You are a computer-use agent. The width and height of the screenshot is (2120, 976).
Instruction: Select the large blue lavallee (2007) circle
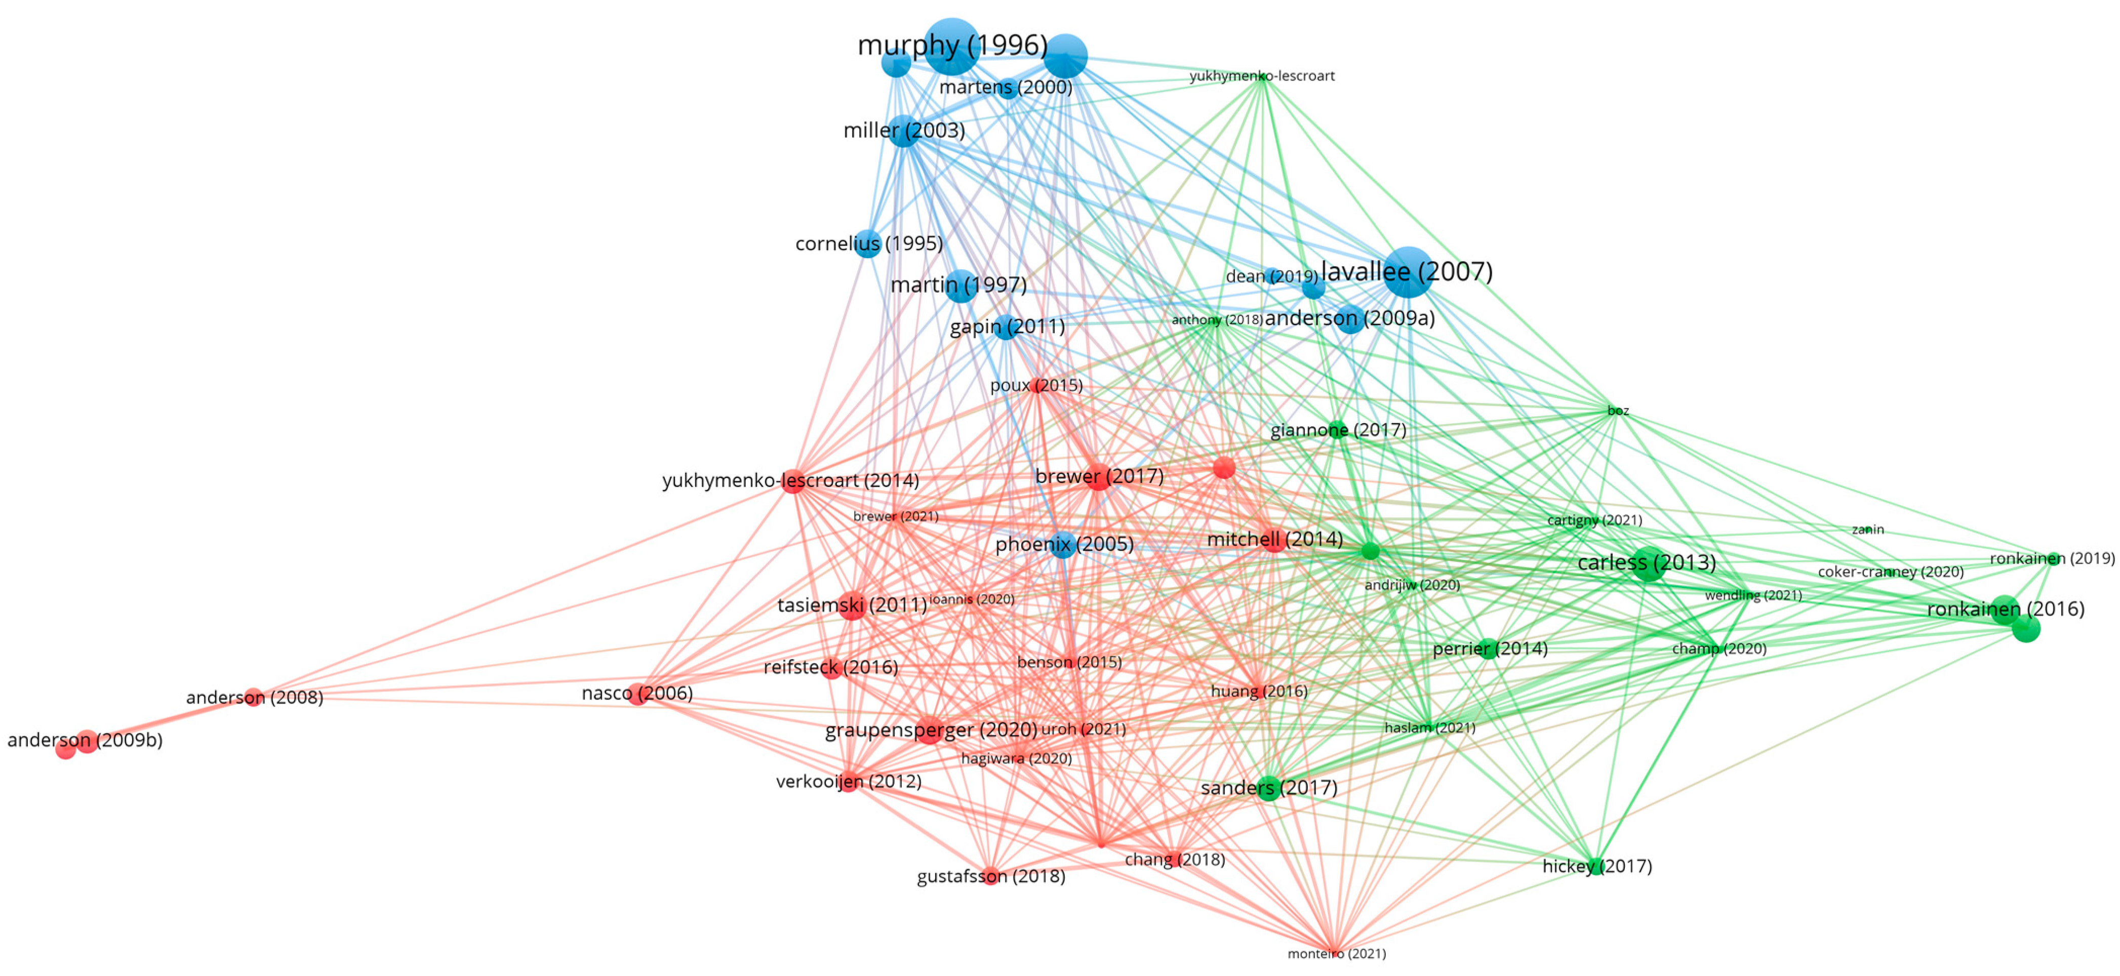tap(1408, 272)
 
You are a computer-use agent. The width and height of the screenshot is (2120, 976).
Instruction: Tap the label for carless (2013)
tap(1646, 563)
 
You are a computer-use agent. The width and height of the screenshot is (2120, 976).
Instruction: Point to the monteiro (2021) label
tap(1337, 954)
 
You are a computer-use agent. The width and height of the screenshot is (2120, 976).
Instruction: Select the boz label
tap(1617, 411)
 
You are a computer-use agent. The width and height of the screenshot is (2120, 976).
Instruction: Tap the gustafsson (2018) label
tap(991, 876)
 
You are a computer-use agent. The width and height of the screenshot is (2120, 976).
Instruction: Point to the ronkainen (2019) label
tap(2052, 559)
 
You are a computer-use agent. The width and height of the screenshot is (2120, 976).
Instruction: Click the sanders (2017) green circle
tap(1269, 788)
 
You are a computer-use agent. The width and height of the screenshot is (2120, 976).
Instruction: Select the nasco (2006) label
tap(637, 694)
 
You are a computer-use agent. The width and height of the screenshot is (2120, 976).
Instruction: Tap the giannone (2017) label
tap(1338, 430)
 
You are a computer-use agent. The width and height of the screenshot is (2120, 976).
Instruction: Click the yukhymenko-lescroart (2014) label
tap(790, 480)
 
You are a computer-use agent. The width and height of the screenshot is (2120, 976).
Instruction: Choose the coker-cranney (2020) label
tap(1891, 572)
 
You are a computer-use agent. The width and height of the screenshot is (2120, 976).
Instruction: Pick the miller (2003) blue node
tap(904, 131)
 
